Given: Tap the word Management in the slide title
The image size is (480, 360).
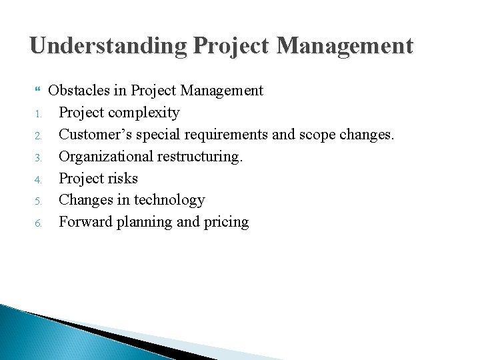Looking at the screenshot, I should coord(345,45).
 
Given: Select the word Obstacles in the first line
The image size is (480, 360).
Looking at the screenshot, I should coord(79,89).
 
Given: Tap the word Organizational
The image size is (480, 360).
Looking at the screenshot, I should coord(103,156).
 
